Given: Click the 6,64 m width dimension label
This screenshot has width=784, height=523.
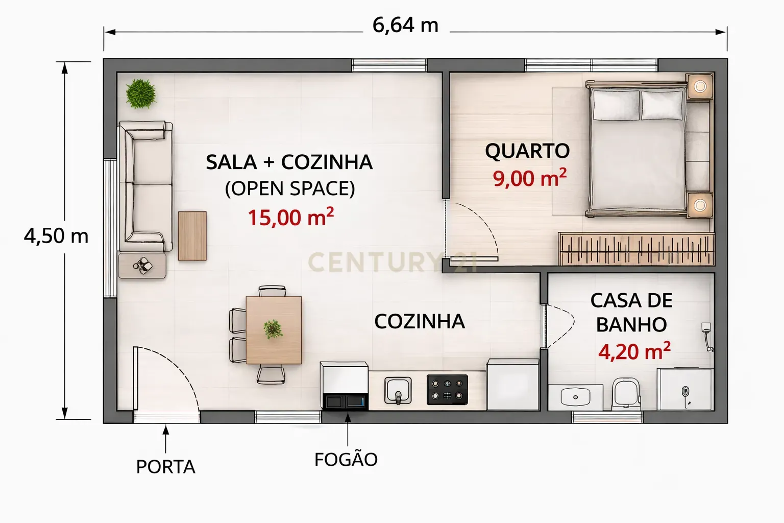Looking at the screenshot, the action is coord(405,26).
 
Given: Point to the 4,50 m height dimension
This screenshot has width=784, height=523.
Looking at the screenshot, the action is coord(56,236).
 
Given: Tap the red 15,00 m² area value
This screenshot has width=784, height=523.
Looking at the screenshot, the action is coord(290,217).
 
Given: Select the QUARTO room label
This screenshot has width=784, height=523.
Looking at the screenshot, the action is coord(527,151).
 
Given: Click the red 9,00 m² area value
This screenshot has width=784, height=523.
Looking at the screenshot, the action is coord(529,178).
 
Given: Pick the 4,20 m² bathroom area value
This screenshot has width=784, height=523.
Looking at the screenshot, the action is coord(634,351).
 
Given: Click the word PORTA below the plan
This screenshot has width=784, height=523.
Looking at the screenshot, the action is coord(165,467).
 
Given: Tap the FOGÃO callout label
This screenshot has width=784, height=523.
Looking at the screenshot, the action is coord(346,459).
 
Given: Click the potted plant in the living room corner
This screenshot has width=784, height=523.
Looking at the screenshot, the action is coord(141,93).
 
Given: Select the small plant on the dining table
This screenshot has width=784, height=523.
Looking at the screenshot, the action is coord(273,329).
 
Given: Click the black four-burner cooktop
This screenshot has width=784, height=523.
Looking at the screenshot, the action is coord(447,390).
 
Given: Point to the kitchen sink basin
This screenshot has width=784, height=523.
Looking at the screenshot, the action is coord(398,390).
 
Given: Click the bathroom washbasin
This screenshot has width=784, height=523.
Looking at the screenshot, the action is coord(575,397).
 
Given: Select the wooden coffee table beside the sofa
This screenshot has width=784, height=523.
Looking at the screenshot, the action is coord(192,236).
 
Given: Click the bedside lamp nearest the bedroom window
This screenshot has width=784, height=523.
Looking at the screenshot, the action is coord(700,86).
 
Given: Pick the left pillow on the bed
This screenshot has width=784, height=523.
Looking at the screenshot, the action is coord(616,105).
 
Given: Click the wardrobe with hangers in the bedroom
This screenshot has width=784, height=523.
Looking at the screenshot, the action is coord(636,249).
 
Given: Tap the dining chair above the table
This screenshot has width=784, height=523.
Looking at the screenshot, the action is coord(272,291).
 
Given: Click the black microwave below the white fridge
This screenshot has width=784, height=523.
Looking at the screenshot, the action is coord(345,402).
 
